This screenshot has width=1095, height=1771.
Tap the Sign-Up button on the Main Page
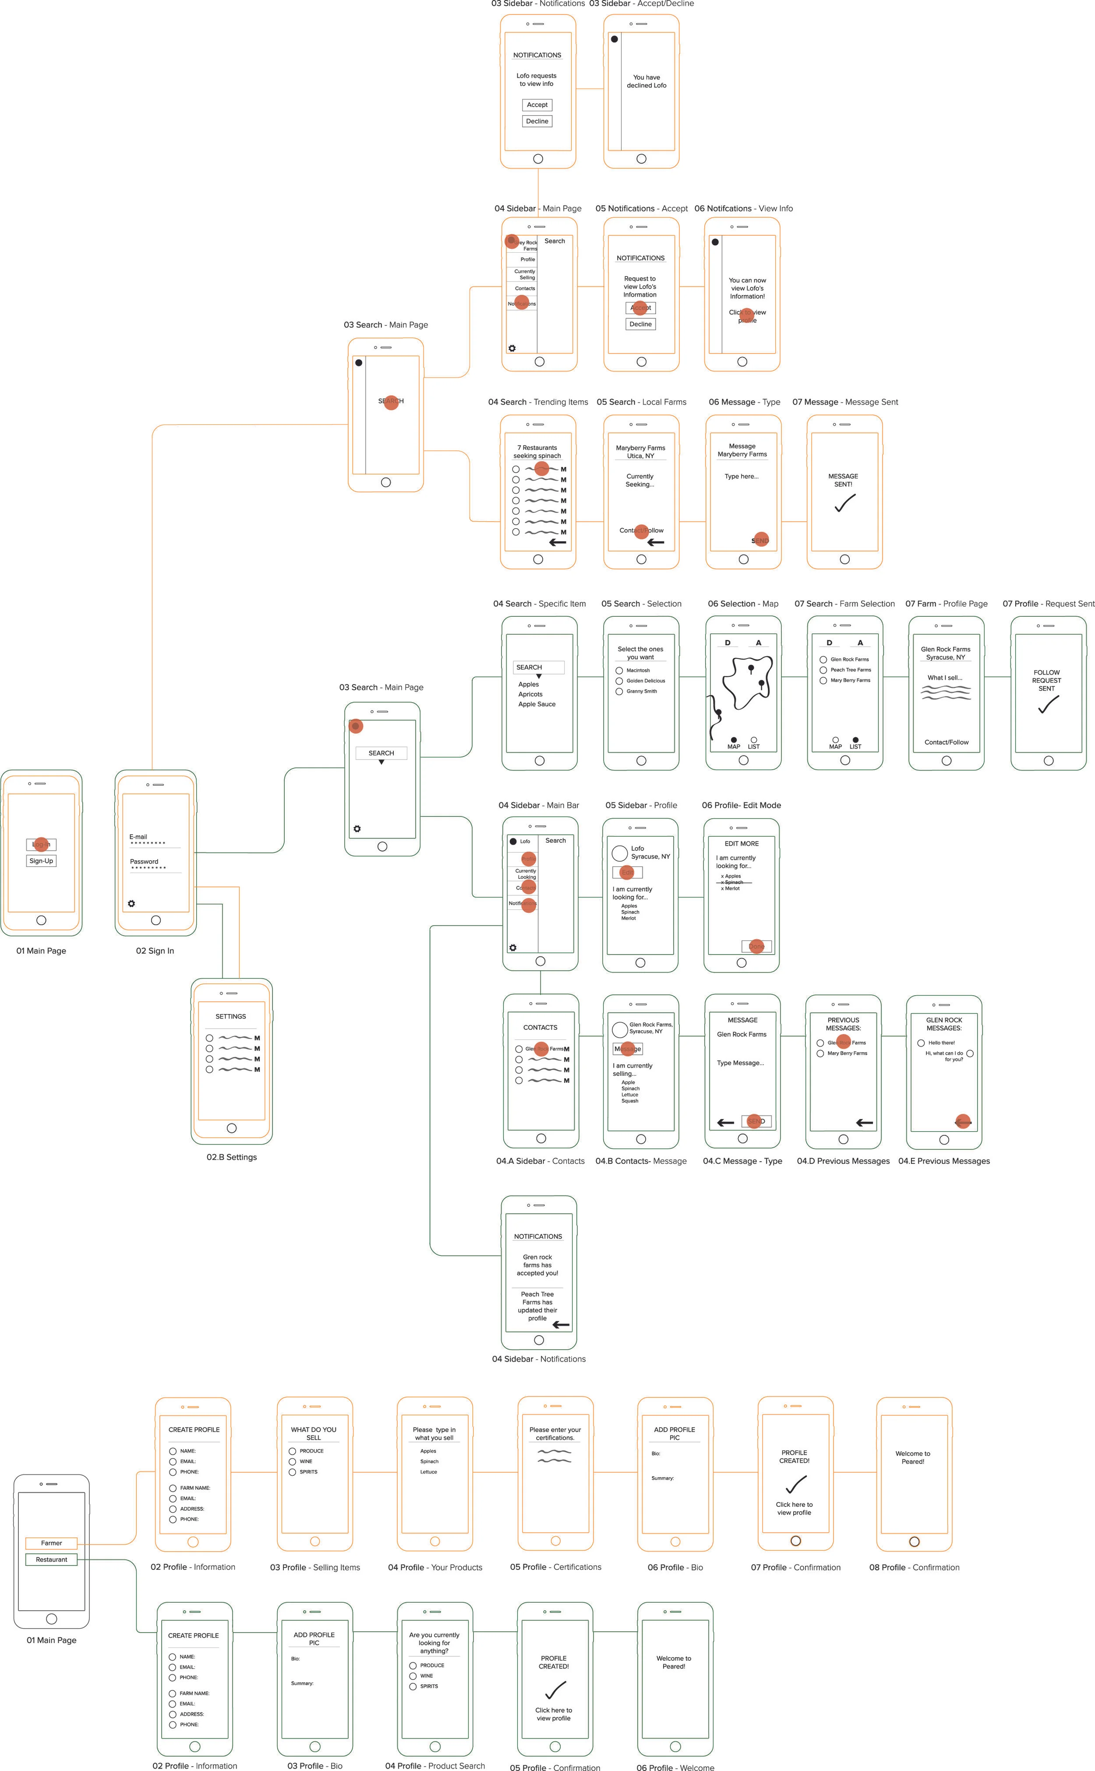pyautogui.click(x=41, y=861)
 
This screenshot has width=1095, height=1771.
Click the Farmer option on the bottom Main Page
pyautogui.click(x=51, y=1543)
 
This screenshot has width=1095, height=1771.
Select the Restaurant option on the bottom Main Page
pyautogui.click(x=51, y=1559)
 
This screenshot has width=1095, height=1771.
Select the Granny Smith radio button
pyautogui.click(x=619, y=692)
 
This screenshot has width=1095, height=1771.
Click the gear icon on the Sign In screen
pyautogui.click(x=131, y=904)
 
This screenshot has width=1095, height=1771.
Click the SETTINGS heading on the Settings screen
pyautogui.click(x=230, y=1017)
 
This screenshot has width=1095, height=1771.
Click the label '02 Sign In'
pyautogui.click(x=155, y=951)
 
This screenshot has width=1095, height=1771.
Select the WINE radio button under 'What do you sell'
pyautogui.click(x=293, y=1461)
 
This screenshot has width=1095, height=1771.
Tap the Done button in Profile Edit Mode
pyautogui.click(x=757, y=946)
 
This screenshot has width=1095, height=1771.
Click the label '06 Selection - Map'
pyautogui.click(x=743, y=604)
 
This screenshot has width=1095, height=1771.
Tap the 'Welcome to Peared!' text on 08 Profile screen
pyautogui.click(x=912, y=1457)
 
